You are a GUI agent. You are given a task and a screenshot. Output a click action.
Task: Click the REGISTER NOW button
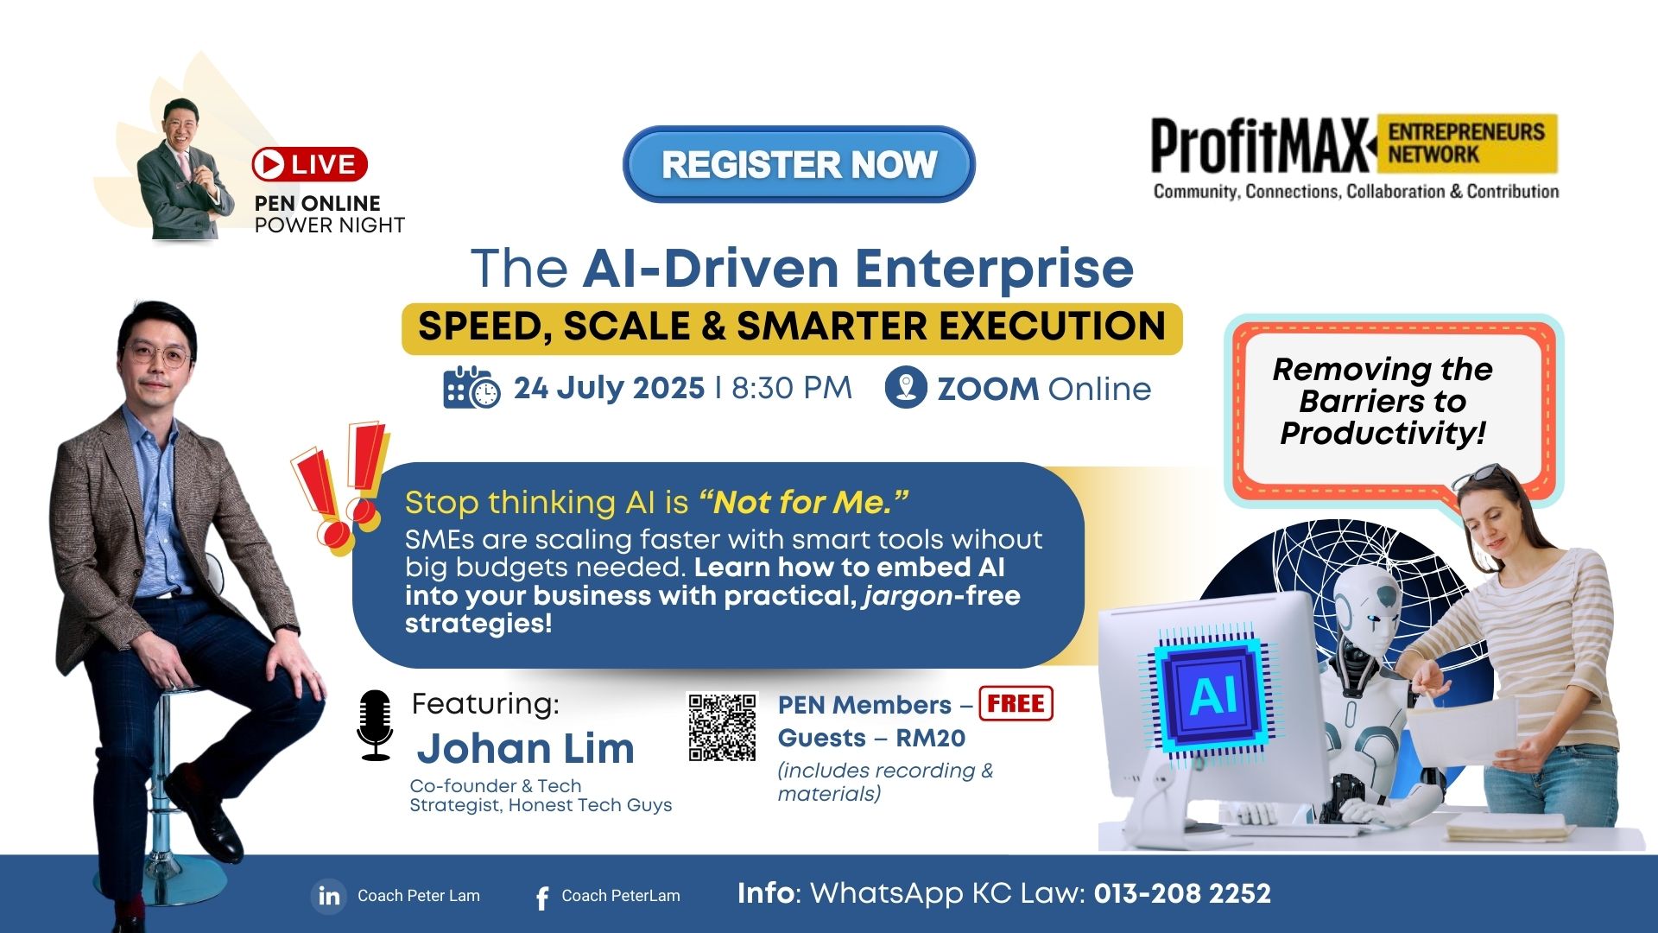coord(799,164)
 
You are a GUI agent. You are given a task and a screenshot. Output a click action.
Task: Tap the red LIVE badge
coord(310,164)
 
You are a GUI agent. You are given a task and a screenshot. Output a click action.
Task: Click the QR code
coord(722,727)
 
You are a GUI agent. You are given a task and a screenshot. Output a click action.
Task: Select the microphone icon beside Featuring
coord(375,725)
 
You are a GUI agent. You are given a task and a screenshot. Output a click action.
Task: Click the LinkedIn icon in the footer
coord(329,896)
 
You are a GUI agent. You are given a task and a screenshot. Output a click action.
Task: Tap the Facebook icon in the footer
coord(542,898)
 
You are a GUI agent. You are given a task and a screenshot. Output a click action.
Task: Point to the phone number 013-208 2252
coord(1182,893)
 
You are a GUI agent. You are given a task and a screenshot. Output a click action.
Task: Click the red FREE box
coord(1016,703)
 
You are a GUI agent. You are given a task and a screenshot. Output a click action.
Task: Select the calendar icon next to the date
coord(471,388)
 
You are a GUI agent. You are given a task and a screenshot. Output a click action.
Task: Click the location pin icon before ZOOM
coord(906,387)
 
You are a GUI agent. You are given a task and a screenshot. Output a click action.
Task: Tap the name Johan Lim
coord(526,748)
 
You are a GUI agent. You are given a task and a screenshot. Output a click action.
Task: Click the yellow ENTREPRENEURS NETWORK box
coord(1467,143)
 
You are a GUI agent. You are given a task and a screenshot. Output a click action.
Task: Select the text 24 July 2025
coord(609,388)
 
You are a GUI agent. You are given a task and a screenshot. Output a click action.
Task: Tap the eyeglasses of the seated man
coord(158,355)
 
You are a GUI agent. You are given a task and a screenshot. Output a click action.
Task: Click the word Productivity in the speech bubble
coord(1383,434)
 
